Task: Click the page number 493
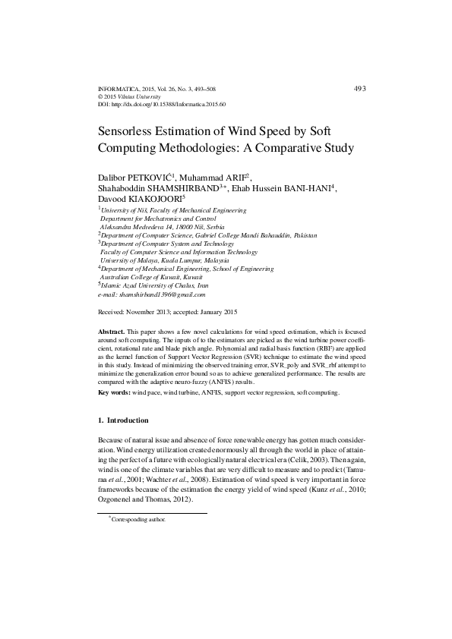(x=360, y=89)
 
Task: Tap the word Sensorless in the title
(x=134, y=131)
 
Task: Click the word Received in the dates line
(x=114, y=313)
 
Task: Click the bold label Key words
(x=115, y=393)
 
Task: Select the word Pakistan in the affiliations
(x=304, y=235)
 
